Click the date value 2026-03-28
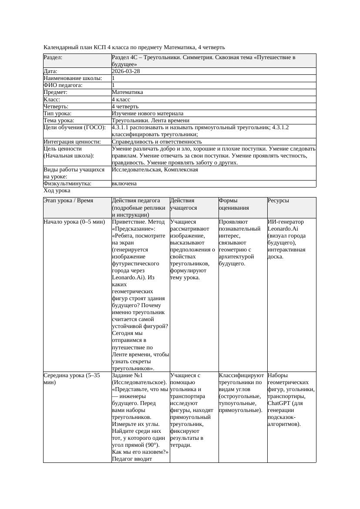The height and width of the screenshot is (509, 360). (126, 71)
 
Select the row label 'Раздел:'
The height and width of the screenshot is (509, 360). (53, 57)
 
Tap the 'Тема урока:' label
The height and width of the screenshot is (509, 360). (59, 121)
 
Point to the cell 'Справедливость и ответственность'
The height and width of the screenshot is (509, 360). (157, 142)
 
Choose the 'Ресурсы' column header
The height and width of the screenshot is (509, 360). (278, 201)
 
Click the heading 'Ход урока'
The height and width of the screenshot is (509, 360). (57, 191)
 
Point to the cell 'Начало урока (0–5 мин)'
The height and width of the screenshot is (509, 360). (74, 222)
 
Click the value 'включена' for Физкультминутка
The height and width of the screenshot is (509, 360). (124, 184)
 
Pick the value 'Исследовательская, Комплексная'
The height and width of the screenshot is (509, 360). (155, 170)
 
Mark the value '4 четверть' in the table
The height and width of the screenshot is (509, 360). (125, 107)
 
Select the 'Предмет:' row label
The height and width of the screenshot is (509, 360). (55, 92)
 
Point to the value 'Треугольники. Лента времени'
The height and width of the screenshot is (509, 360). (150, 121)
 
